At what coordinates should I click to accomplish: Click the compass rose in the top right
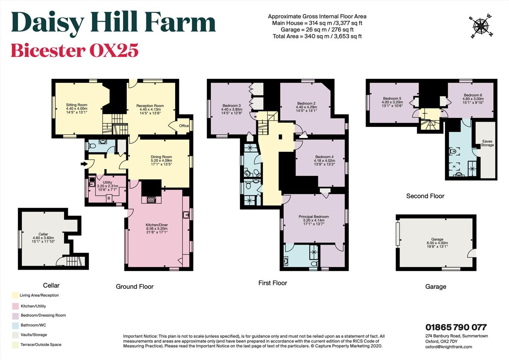coord(481,27)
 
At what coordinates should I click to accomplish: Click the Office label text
coord(184,126)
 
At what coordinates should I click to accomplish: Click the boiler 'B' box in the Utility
coord(109,198)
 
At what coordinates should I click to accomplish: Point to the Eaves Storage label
coord(487,143)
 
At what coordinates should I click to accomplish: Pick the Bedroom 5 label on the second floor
coord(391,102)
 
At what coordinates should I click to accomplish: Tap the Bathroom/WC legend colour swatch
coord(15,325)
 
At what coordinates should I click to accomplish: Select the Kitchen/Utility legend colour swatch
coord(15,305)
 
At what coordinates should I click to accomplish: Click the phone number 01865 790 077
coord(456,327)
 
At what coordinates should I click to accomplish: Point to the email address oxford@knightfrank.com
coord(448,346)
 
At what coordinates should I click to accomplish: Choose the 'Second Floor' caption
coord(425,196)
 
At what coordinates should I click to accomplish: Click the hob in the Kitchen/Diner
coord(151,199)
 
